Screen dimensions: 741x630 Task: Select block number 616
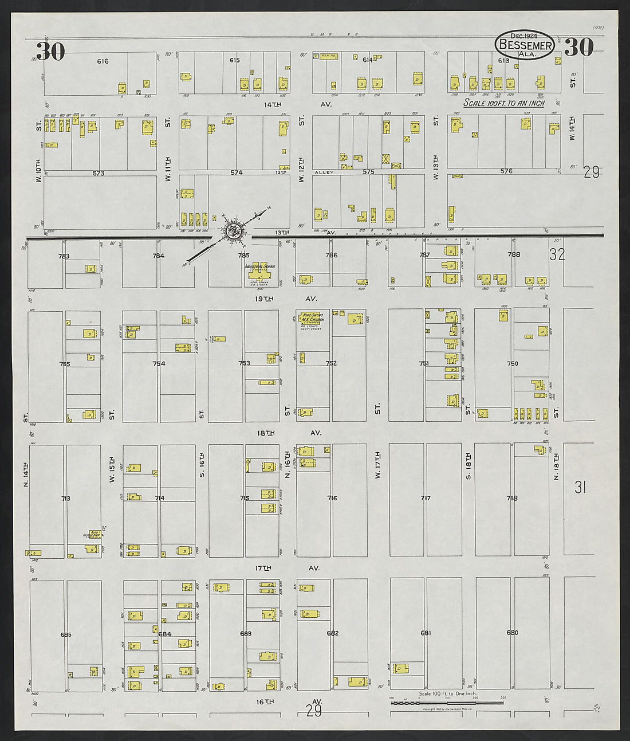point(103,61)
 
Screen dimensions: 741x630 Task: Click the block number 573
point(99,173)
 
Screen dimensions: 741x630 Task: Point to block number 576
point(506,171)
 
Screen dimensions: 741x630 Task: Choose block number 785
point(244,256)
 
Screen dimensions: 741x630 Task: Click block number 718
point(512,498)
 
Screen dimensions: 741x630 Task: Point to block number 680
point(512,633)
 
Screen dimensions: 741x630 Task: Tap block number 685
point(65,634)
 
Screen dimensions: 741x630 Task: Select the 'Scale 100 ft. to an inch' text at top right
point(503,103)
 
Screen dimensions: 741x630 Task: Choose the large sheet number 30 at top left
point(50,52)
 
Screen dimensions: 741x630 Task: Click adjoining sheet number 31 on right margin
point(581,487)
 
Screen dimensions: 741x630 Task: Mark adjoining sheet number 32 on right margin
point(557,254)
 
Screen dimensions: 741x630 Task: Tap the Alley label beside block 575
point(324,172)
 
